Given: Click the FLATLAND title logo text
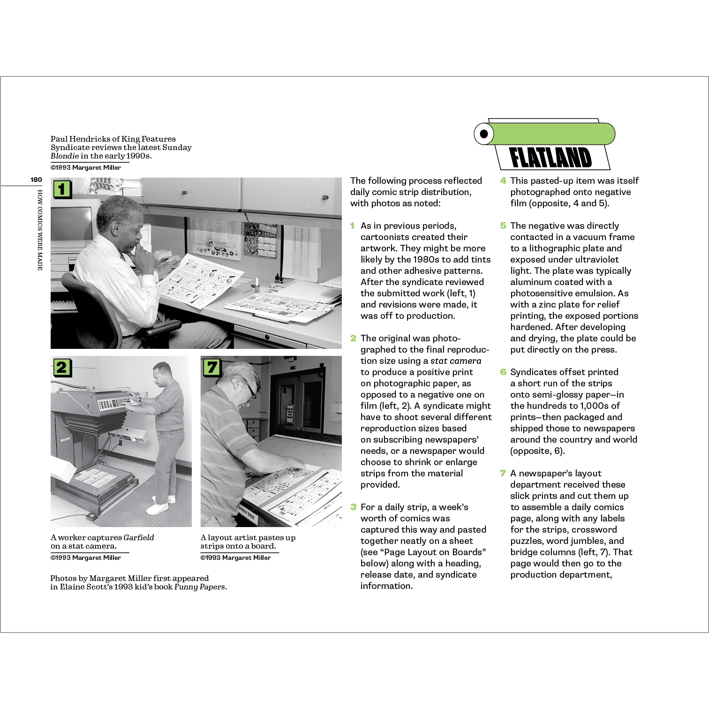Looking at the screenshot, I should pos(551,158).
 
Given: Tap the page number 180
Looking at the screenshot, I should pos(36,180).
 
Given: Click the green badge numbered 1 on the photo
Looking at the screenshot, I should pos(62,189).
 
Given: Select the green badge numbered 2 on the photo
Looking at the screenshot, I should pos(62,367).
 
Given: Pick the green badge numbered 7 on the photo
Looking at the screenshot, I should pos(212,367).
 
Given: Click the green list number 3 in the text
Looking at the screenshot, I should pos(354,507).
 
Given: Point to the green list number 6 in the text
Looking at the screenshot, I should pos(503,372).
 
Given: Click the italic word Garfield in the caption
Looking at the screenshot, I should pos(138,537).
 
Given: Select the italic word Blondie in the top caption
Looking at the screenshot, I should pos(65,156).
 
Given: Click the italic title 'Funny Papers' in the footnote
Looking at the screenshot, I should pos(200,587).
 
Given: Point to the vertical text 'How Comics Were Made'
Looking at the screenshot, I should pos(40,230).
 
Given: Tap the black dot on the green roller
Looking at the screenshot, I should pos(484,134).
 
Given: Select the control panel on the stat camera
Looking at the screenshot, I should pos(113,404).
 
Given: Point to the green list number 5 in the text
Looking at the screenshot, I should pos(503,226).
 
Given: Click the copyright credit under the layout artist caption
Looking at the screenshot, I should pos(235,558).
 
